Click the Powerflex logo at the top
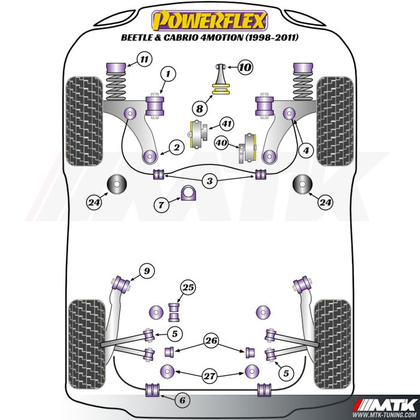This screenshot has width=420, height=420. (209, 21)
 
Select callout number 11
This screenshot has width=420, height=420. (143, 59)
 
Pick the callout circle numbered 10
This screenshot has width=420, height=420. (245, 67)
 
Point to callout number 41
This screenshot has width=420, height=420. (226, 125)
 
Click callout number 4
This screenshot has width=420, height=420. (307, 151)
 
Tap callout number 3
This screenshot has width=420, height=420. (209, 180)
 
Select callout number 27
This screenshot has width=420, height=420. (209, 376)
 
